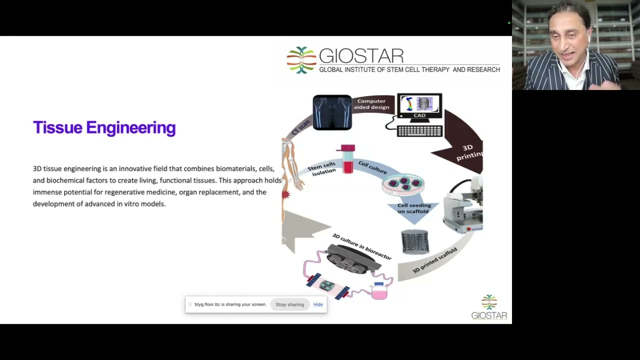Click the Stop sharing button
(289, 304)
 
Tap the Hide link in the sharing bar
(318, 304)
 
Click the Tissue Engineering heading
(104, 127)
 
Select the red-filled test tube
(347, 159)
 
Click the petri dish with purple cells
(403, 184)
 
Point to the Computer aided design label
(371, 104)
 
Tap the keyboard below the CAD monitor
(419, 131)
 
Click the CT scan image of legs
(332, 112)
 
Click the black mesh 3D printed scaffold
(415, 241)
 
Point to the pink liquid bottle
(379, 291)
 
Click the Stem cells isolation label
(322, 169)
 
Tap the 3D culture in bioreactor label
(361, 246)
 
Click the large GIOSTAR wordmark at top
(361, 56)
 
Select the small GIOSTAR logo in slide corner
(489, 307)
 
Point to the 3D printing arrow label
(469, 152)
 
